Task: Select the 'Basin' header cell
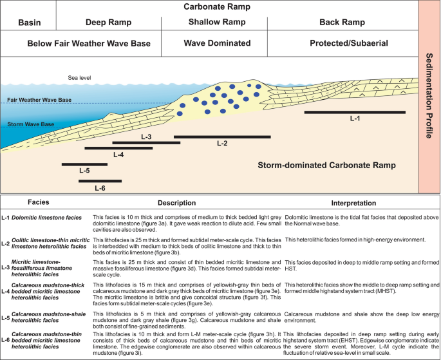(x=29, y=23)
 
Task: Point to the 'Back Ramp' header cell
(x=342, y=23)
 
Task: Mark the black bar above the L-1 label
(x=354, y=112)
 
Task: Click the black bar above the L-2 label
(x=221, y=137)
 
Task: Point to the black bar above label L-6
(x=100, y=181)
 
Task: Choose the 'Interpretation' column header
(x=354, y=202)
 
